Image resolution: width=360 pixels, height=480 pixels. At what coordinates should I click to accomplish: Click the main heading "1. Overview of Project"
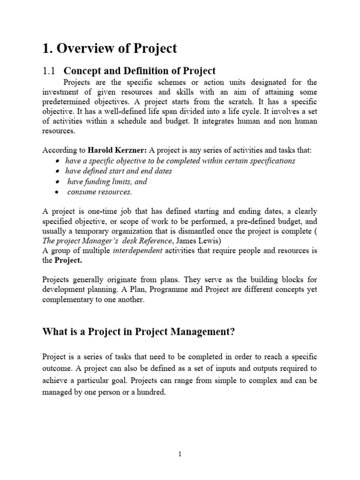tap(110, 48)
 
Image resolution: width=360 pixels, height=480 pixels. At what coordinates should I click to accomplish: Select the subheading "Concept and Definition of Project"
tap(140, 71)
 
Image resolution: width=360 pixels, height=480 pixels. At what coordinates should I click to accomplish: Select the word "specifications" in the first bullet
tap(272, 161)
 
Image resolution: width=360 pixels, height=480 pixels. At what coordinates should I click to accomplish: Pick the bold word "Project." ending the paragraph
tap(69, 261)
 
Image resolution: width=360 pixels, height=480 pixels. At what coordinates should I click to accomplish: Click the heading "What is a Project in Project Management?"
tap(138, 332)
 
